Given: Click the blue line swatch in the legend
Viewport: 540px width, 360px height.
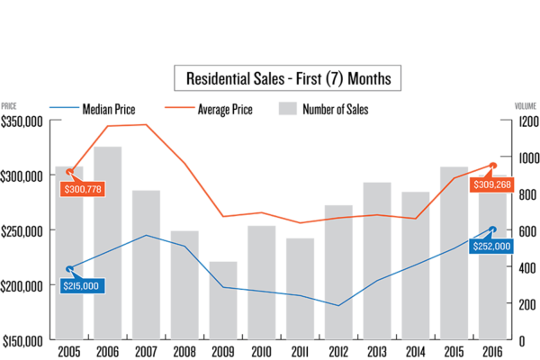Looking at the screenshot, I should point(64,107).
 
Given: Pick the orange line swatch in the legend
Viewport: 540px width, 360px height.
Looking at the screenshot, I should point(180,107).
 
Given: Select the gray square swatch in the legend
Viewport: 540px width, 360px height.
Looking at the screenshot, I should point(288,108).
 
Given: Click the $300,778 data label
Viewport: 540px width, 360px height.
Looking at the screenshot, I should point(83,189).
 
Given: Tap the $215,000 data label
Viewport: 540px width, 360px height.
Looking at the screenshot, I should point(82,285).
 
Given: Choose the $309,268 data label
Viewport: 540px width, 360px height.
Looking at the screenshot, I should point(491,184).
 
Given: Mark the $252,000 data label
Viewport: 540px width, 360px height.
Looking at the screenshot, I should point(491,246).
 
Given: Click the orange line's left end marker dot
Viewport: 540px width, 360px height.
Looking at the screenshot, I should point(70,170).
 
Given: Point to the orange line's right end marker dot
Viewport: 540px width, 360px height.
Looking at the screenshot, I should point(493,165).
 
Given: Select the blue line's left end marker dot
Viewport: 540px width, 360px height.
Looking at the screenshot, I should point(69,269).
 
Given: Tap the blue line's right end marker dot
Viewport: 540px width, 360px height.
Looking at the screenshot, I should point(492,229).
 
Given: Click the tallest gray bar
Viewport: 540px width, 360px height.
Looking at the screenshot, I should point(108,243).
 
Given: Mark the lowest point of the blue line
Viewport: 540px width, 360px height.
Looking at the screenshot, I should point(339,305).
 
